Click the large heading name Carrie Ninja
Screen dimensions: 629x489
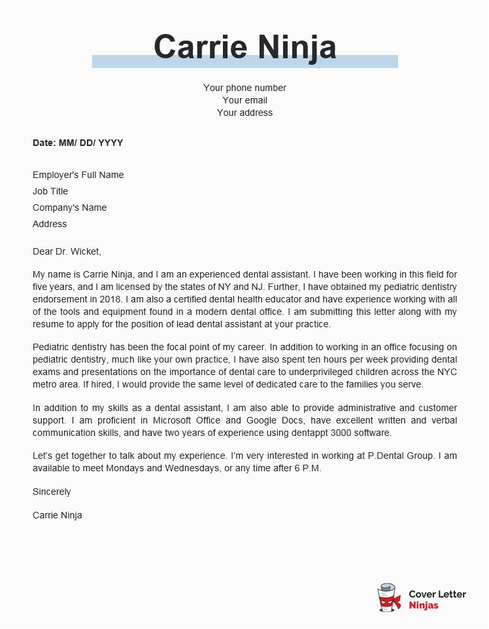coord(244,47)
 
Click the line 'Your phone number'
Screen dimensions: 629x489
coord(244,88)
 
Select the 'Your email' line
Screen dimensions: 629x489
coord(244,100)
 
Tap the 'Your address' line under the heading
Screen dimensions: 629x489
coord(244,113)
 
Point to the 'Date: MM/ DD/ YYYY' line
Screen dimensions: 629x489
coord(78,143)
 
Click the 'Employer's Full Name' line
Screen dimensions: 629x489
coord(78,175)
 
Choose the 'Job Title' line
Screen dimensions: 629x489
coord(50,191)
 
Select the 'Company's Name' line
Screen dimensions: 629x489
coord(69,207)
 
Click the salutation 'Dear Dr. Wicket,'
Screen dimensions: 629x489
coord(67,251)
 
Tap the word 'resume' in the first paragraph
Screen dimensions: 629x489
coord(48,324)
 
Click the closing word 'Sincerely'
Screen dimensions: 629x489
coord(52,492)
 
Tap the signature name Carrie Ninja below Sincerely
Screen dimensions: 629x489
coord(58,515)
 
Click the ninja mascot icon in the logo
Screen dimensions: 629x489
coord(389,598)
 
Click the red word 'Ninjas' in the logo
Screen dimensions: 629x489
coord(424,605)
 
